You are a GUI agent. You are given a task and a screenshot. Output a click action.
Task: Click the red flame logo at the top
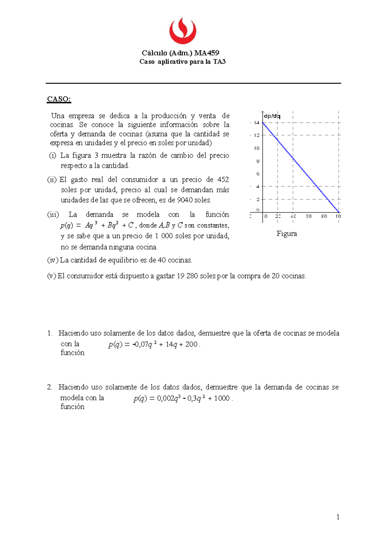coord(183,31)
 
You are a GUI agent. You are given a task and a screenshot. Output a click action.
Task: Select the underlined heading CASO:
coord(59,99)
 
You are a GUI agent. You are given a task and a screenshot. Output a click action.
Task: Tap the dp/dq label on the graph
coord(272,116)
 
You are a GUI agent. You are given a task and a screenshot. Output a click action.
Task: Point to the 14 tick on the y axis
coord(257,123)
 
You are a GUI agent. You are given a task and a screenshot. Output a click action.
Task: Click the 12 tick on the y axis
coord(257,135)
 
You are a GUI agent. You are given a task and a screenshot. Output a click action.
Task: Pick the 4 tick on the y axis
coord(257,186)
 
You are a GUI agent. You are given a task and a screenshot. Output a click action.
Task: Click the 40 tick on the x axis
coord(293,216)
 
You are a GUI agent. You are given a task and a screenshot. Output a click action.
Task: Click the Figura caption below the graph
coord(287,234)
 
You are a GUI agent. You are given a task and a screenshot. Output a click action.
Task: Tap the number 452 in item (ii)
coord(223,179)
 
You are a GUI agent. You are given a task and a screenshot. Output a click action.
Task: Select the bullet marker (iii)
coord(53,214)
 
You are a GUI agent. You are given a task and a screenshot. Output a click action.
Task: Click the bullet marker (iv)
coord(53,260)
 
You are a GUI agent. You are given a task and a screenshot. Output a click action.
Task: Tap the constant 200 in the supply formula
coord(191,344)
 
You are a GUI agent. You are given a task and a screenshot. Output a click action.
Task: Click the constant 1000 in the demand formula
coord(222,398)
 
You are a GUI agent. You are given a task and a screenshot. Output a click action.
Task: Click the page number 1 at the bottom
coord(338,516)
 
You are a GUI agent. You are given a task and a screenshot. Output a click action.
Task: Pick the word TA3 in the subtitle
coord(219,62)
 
